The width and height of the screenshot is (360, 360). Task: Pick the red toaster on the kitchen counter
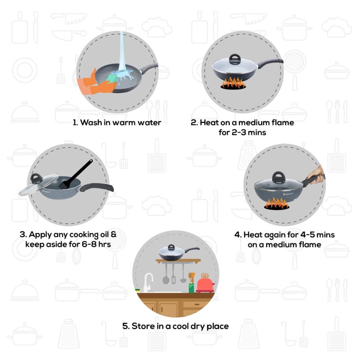point(204,283)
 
